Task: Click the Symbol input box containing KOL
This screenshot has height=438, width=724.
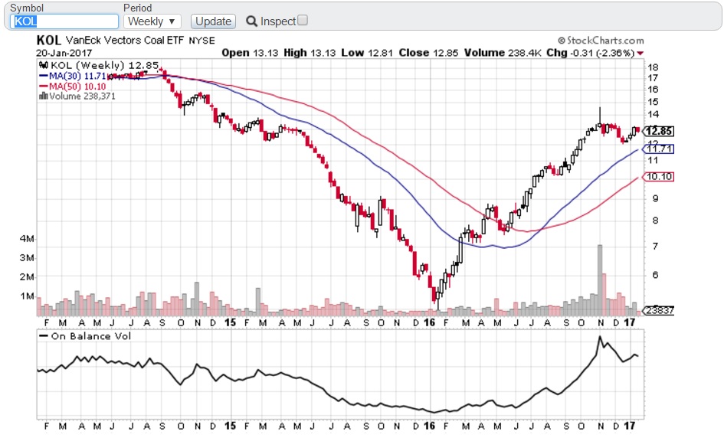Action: pyautogui.click(x=65, y=21)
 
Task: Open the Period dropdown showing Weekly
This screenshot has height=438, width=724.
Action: pyautogui.click(x=152, y=21)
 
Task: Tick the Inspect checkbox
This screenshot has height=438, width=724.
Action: pyautogui.click(x=303, y=21)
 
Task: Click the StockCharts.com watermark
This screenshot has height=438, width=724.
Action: pyautogui.click(x=601, y=41)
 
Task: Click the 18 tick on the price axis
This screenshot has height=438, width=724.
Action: pyautogui.click(x=654, y=67)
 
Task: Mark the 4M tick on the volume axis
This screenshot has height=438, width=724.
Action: pyautogui.click(x=26, y=239)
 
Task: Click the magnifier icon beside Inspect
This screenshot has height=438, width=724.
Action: pyautogui.click(x=251, y=21)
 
